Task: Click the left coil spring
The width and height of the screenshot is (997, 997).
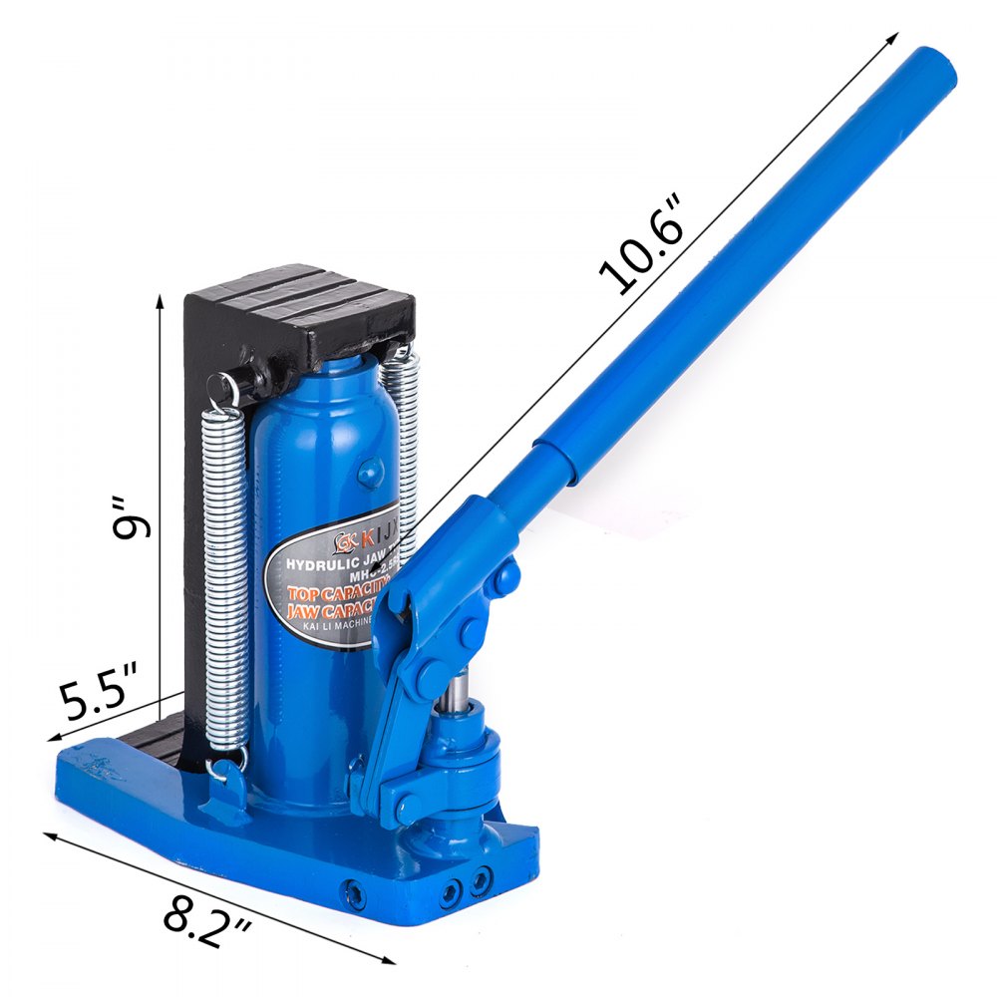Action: [x=223, y=578]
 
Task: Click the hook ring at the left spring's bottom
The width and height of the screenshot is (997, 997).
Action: [x=221, y=766]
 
